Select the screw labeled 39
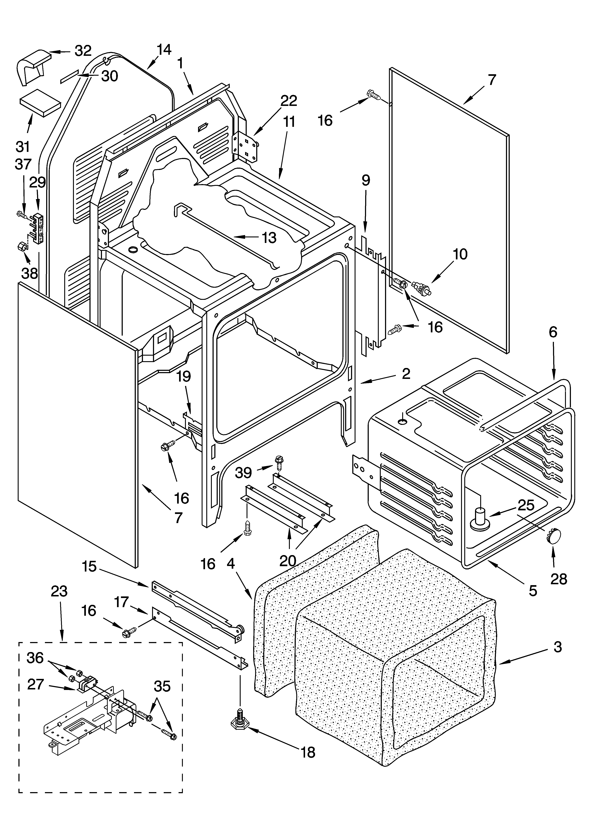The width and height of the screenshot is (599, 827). point(279,462)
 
